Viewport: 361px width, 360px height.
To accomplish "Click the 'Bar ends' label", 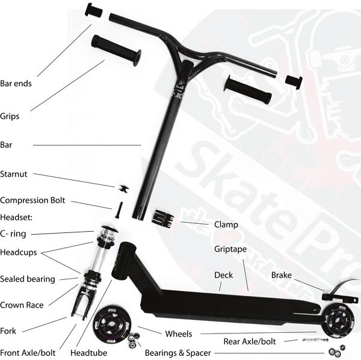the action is click(x=16, y=84).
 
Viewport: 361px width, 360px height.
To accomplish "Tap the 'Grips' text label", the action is click(x=10, y=116).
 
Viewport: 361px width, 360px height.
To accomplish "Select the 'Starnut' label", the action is click(x=14, y=174).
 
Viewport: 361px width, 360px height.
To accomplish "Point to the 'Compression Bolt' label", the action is click(x=32, y=200).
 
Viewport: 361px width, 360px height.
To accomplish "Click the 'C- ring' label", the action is click(x=13, y=234).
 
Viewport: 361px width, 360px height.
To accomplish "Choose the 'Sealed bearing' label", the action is click(x=28, y=279).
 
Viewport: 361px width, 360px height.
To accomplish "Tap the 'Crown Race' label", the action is click(x=22, y=305).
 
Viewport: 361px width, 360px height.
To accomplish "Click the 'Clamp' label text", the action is click(x=226, y=225).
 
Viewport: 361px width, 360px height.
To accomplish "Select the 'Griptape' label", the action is click(x=230, y=249).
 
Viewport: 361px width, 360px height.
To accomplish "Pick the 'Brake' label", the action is click(x=282, y=275).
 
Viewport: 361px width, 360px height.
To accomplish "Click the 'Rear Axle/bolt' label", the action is click(x=250, y=341).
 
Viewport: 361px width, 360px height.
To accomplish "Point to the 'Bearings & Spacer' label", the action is click(x=177, y=353).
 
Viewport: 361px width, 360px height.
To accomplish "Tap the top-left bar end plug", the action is click(x=94, y=10).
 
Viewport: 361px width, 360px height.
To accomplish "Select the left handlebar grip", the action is click(x=116, y=51).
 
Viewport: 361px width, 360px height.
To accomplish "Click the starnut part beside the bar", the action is click(x=123, y=188).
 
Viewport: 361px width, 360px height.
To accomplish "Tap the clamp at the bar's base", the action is click(x=163, y=219).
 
